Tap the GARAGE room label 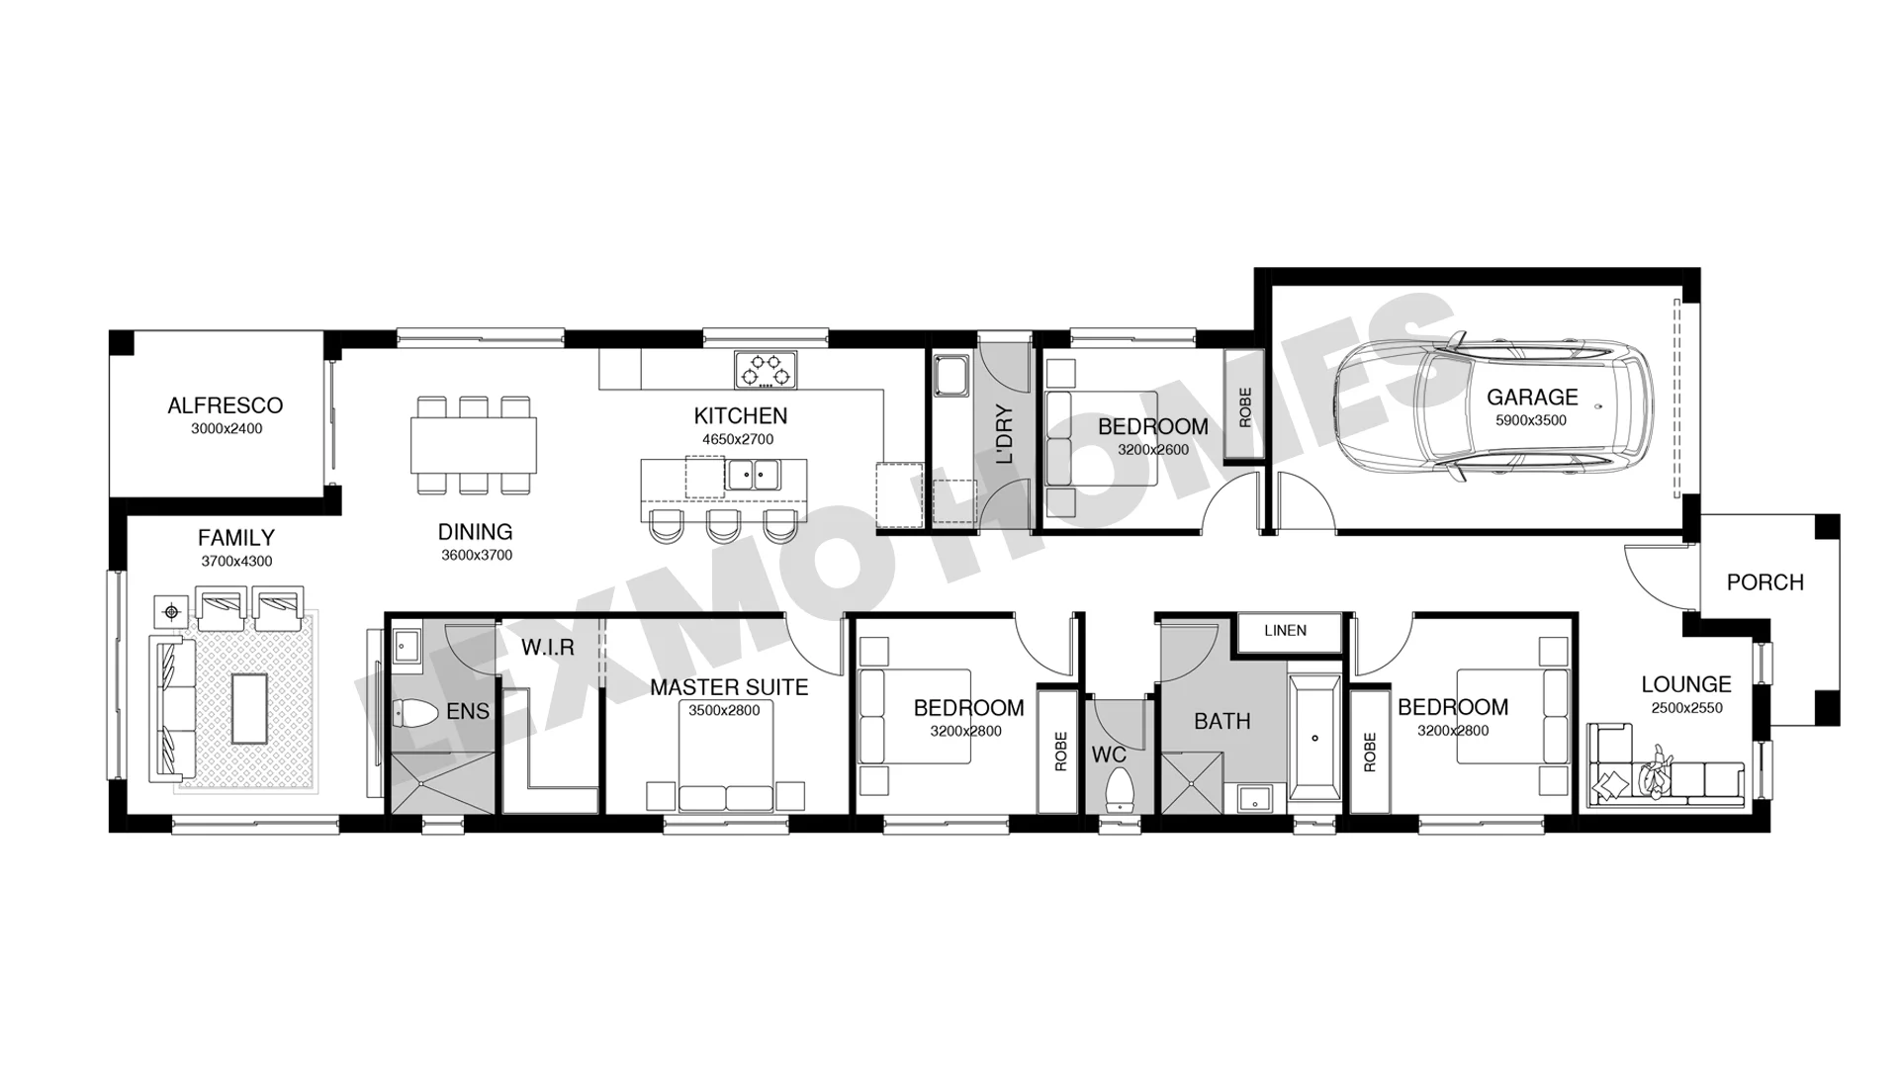pyautogui.click(x=1532, y=398)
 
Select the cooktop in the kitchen pyautogui.click(x=765, y=370)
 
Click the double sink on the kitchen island pyautogui.click(x=753, y=475)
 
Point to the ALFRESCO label pyautogui.click(x=226, y=405)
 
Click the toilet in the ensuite pyautogui.click(x=416, y=712)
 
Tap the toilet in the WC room pyautogui.click(x=1119, y=789)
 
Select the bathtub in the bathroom pyautogui.click(x=1314, y=738)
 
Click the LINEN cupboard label pyautogui.click(x=1285, y=630)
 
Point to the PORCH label pyautogui.click(x=1764, y=582)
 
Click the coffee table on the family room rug pyautogui.click(x=248, y=707)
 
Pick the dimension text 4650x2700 pyautogui.click(x=738, y=439)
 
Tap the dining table pyautogui.click(x=474, y=445)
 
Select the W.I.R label pyautogui.click(x=548, y=648)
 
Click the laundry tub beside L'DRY pyautogui.click(x=953, y=375)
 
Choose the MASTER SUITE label pyautogui.click(x=729, y=687)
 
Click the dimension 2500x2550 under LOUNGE pyautogui.click(x=1686, y=708)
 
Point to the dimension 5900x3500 pyautogui.click(x=1531, y=420)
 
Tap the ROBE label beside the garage pyautogui.click(x=1244, y=406)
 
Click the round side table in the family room pyautogui.click(x=172, y=612)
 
